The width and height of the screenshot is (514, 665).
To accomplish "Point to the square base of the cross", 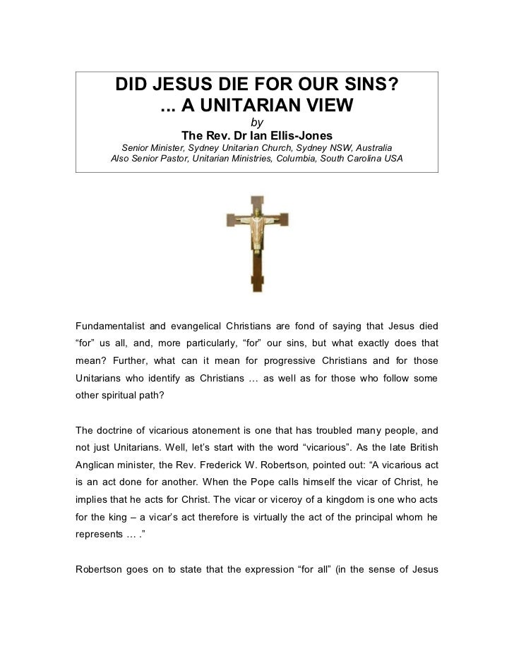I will pyautogui.click(x=257, y=283).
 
